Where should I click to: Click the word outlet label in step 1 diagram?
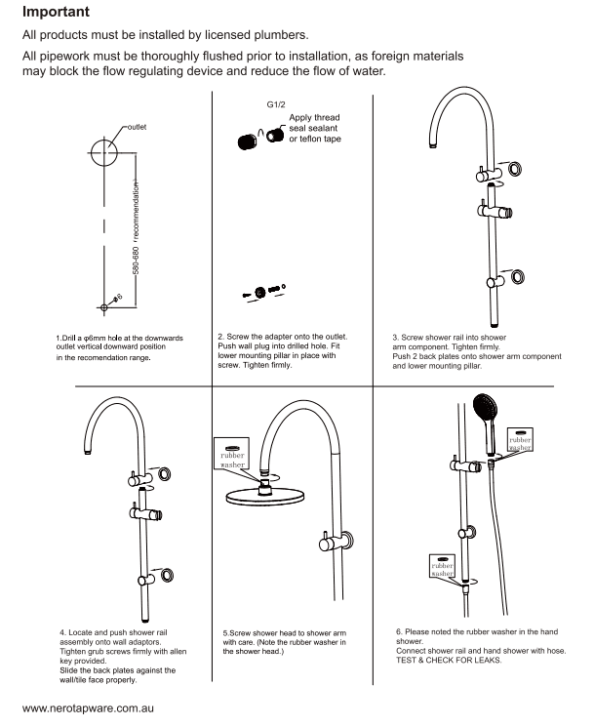pos(139,126)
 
